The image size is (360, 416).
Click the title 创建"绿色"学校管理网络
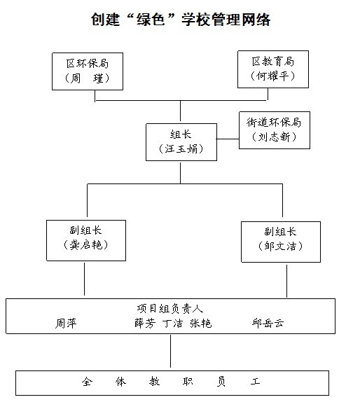pos(181,20)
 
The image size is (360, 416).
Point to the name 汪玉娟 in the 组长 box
pos(181,149)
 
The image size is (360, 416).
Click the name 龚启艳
pos(86,244)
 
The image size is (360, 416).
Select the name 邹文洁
pos(280,247)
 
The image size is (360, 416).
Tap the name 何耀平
pos(272,76)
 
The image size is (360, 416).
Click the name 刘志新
pos(275,137)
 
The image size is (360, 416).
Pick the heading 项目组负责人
pos(170,309)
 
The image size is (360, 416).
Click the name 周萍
pos(66,324)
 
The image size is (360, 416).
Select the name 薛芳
pos(145,324)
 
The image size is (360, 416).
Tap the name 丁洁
pos(172,324)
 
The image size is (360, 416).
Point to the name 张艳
pos(201,324)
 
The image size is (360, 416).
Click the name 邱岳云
pos(268,323)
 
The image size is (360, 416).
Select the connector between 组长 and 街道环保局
pos(228,139)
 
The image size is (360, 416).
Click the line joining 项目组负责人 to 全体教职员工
pos(170,351)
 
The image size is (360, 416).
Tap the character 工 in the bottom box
pos(255,382)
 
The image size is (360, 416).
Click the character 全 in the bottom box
pos(88,382)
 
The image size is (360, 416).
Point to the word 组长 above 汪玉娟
pos(181,134)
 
